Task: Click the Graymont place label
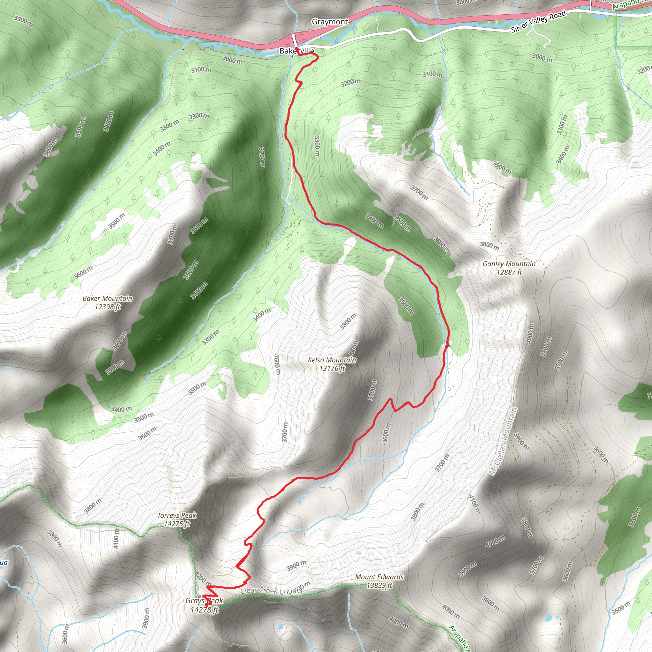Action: click(330, 22)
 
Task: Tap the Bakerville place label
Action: click(297, 51)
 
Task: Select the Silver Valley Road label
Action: click(538, 22)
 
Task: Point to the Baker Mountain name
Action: click(107, 298)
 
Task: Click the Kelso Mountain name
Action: click(332, 360)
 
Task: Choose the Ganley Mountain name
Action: click(509, 264)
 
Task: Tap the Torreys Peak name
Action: click(177, 515)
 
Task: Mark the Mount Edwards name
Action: click(379, 577)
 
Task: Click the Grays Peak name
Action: click(204, 600)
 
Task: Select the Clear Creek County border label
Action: click(271, 591)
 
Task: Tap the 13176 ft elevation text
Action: click(332, 368)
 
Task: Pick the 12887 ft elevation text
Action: click(509, 272)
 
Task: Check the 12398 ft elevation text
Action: click(108, 307)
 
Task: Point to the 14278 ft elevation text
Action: click(204, 609)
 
